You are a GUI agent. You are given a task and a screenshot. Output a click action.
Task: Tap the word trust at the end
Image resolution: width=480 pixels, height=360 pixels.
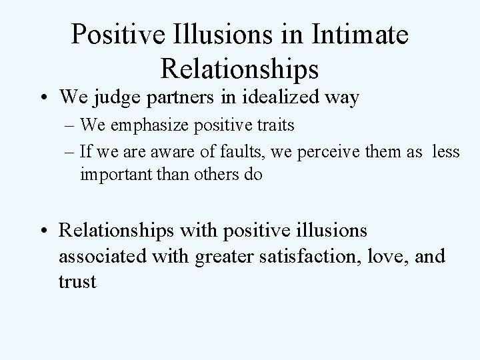click(78, 281)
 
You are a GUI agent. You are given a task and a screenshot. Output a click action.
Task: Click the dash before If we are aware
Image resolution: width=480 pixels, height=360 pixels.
click(69, 153)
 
